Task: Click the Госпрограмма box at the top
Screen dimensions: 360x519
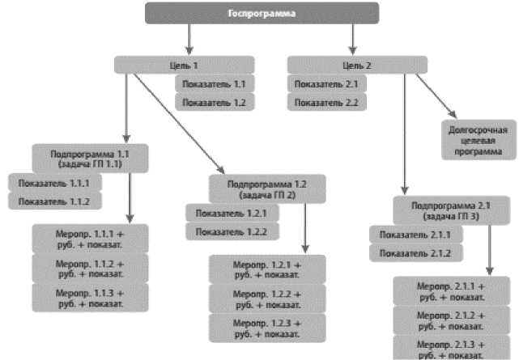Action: point(262,13)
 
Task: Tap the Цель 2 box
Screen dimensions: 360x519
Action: point(357,65)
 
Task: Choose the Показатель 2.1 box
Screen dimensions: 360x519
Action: point(326,83)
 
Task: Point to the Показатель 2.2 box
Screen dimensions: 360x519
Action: point(326,102)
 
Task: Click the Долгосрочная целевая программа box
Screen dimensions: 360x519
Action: point(478,140)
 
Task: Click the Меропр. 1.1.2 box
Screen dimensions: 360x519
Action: point(91,268)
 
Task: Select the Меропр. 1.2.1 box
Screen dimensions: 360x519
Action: point(267,269)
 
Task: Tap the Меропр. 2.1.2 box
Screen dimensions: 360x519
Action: point(451,320)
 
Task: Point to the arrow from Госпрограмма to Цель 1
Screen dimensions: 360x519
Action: point(189,39)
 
